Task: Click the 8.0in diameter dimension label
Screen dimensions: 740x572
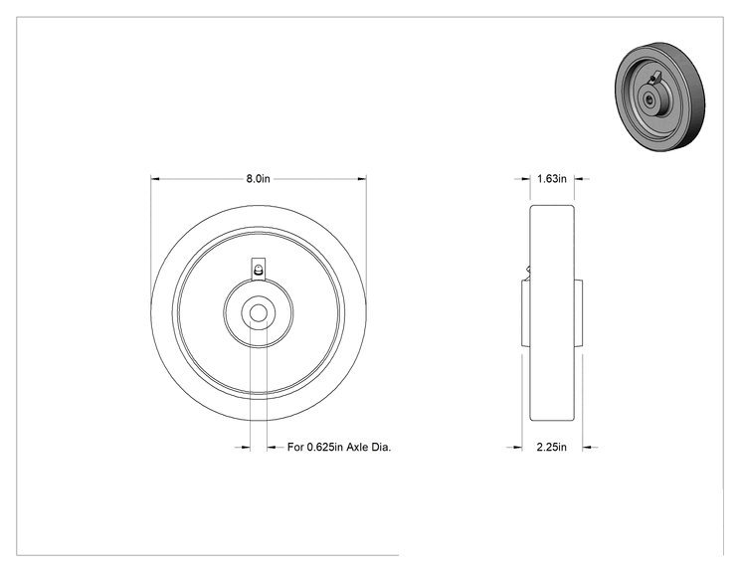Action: pyautogui.click(x=259, y=179)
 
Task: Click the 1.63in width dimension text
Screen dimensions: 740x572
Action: pyautogui.click(x=552, y=179)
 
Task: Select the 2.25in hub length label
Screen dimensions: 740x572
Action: pyautogui.click(x=552, y=447)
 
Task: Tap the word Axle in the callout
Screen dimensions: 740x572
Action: pyautogui.click(x=357, y=447)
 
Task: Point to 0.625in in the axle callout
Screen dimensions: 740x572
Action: pyautogui.click(x=325, y=447)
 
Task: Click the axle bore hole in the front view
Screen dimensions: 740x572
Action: pyautogui.click(x=259, y=312)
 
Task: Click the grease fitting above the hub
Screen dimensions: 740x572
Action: pyautogui.click(x=259, y=270)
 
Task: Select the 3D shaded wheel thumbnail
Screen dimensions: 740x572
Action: pyautogui.click(x=659, y=96)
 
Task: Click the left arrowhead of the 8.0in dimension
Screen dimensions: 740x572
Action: pyautogui.click(x=155, y=179)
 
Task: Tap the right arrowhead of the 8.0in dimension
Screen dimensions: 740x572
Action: pyautogui.click(x=361, y=179)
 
